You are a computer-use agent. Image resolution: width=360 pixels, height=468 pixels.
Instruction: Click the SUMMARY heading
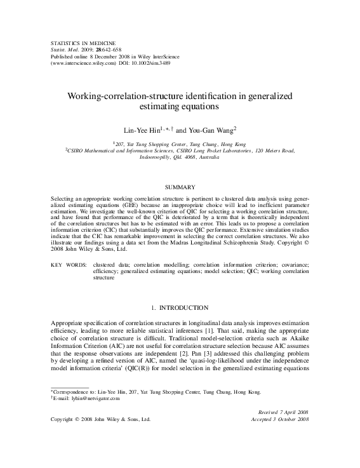tap(180, 188)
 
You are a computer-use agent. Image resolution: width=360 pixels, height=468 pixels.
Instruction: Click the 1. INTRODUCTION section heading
tap(180, 308)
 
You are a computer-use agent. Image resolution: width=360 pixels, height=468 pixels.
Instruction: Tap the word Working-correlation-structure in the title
tap(131, 95)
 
